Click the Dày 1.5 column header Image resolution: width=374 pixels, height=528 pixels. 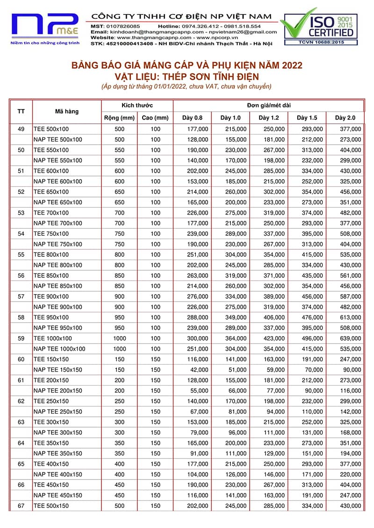307,118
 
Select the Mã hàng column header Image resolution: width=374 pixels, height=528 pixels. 67,112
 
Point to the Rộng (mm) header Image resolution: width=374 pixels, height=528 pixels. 119,118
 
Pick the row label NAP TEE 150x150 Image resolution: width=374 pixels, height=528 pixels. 58,370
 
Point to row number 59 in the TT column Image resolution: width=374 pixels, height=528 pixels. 21,338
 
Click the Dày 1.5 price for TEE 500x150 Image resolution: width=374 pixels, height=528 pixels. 312,506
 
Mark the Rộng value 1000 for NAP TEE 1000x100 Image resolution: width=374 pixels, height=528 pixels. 120,349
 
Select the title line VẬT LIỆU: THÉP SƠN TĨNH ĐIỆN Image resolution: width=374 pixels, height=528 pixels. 187,76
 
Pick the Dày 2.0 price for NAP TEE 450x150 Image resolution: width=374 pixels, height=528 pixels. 350,495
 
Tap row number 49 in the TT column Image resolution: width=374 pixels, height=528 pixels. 21,129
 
